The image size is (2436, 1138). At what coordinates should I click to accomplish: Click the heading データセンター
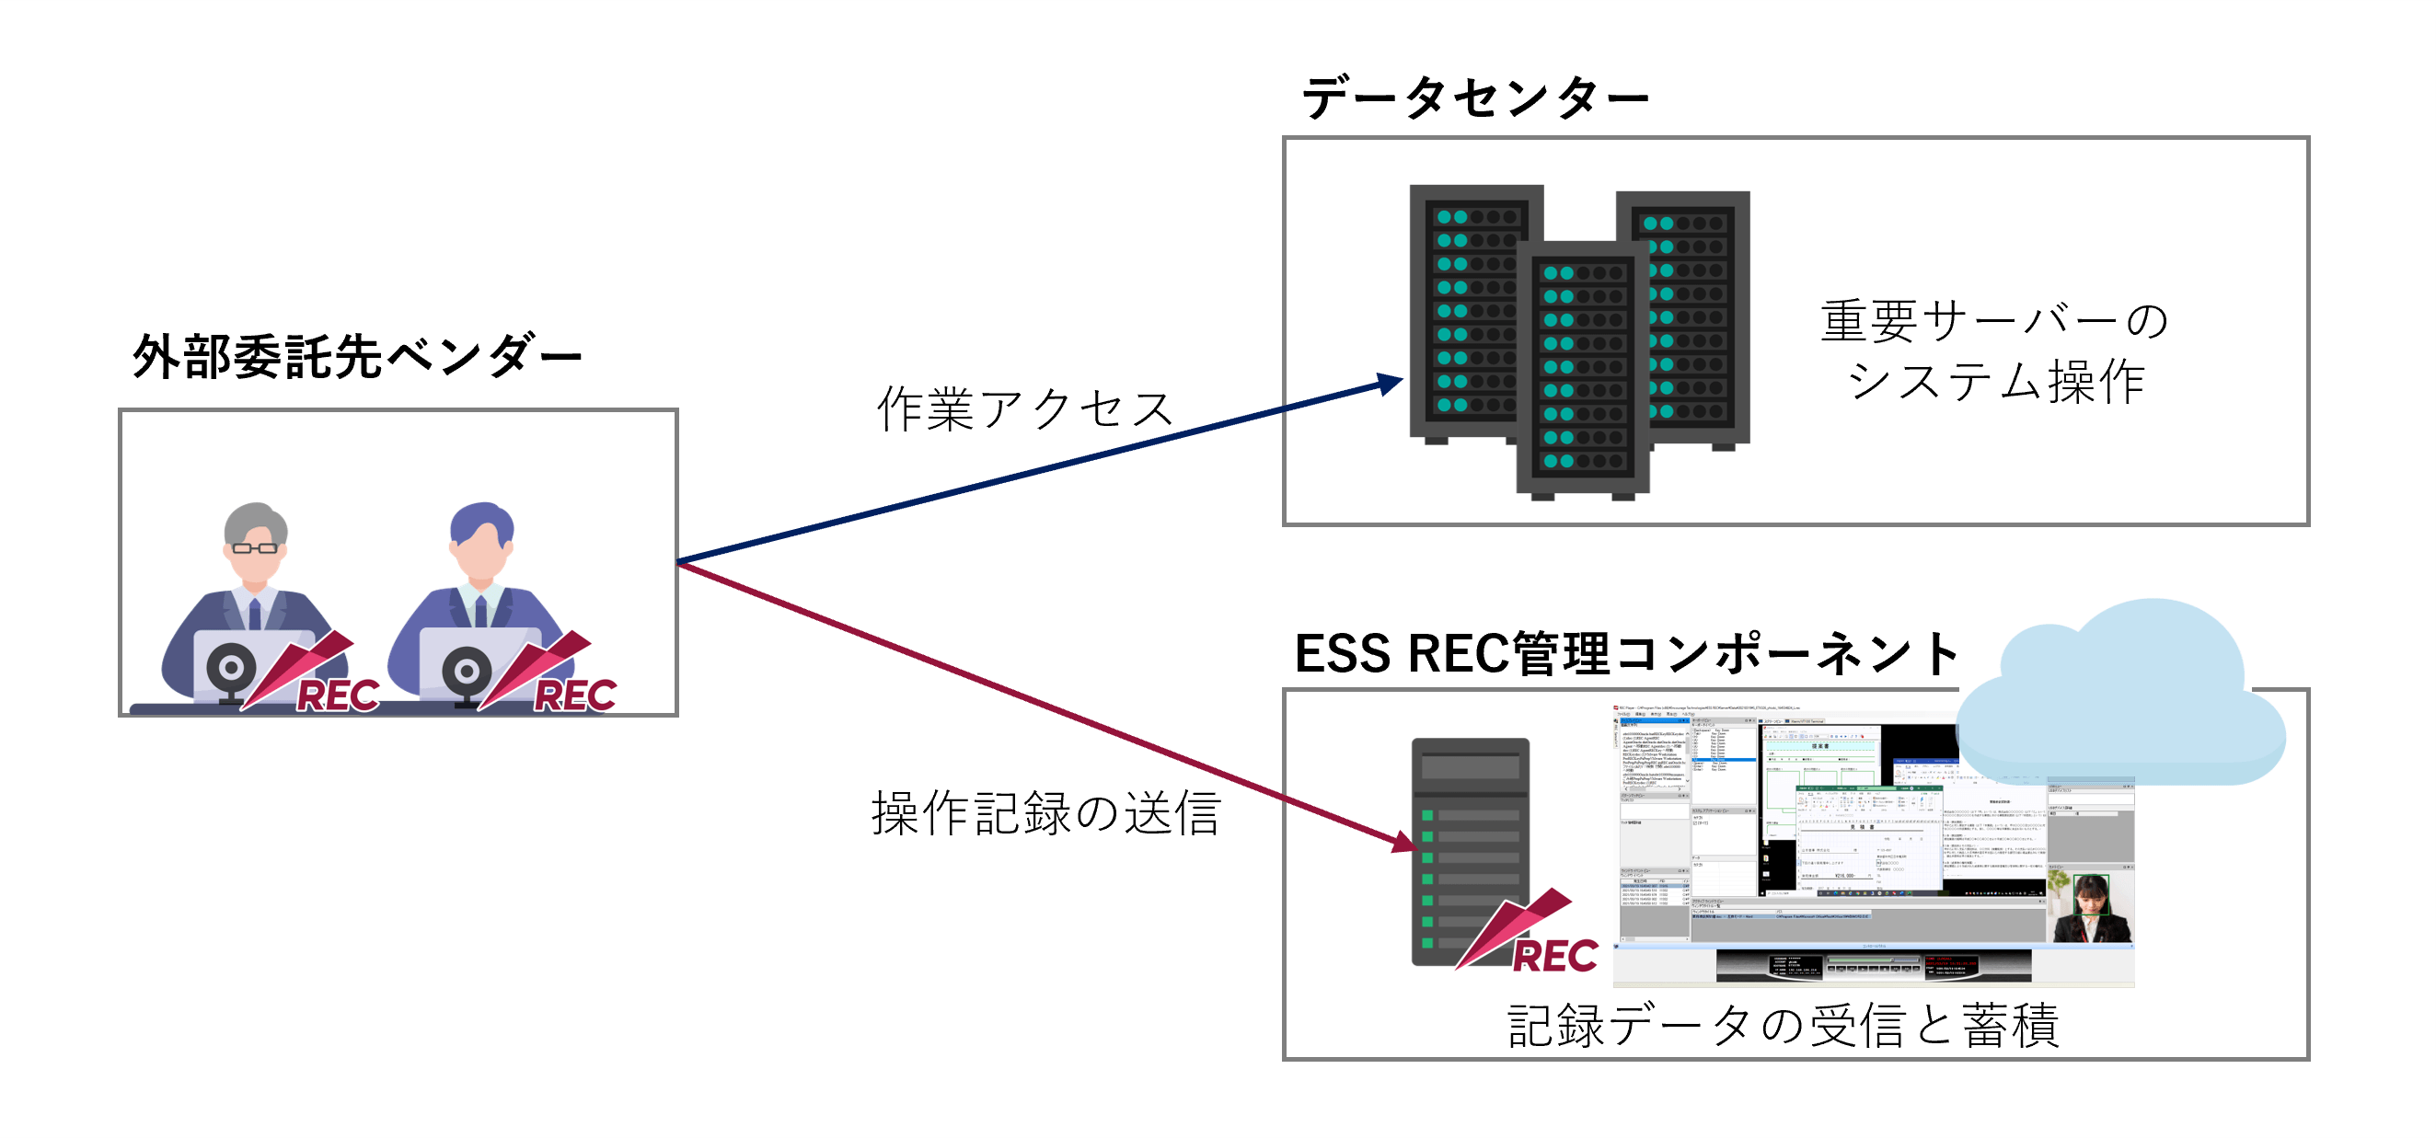pos(1475,98)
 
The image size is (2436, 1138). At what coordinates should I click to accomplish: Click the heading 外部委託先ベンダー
pos(356,358)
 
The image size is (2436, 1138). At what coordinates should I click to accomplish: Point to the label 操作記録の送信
pos(1045,813)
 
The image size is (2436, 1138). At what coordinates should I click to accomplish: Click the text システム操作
pos(1995,382)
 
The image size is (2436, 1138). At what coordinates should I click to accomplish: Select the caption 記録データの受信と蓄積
pos(1783,1026)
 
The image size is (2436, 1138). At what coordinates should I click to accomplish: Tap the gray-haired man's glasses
pos(254,547)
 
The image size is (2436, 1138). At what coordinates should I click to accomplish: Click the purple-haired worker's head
pos(481,539)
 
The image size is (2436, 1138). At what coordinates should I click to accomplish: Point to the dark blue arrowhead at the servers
pos(1391,384)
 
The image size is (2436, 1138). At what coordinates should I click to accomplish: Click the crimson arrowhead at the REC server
pos(1404,841)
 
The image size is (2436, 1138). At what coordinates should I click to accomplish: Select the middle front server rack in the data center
pos(1582,369)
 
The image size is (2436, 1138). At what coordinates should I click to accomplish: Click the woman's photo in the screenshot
pos(2090,907)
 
